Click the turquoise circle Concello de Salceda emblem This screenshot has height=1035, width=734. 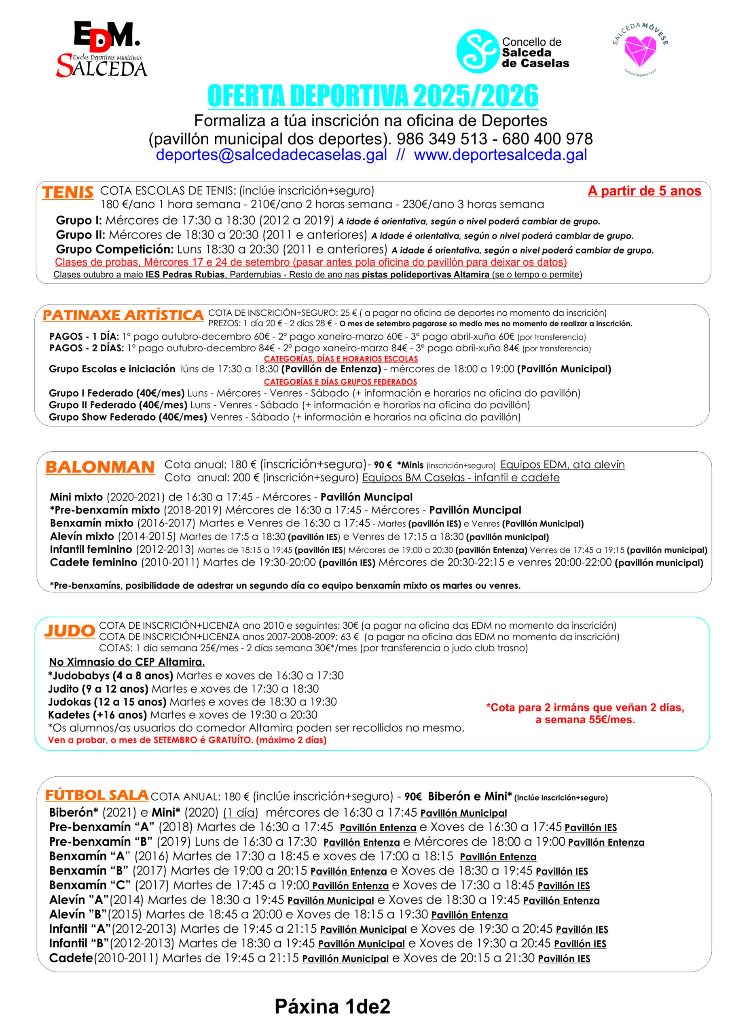coord(477,51)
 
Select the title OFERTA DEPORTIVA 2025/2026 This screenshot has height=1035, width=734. coord(372,96)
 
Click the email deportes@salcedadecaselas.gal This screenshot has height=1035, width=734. coord(271,155)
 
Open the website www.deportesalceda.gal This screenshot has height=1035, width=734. coord(500,155)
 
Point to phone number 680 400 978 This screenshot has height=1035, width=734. coord(547,139)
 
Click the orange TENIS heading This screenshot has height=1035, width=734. coord(68,192)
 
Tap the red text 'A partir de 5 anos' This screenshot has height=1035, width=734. coord(644,191)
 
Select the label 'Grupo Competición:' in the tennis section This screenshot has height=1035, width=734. coord(114,249)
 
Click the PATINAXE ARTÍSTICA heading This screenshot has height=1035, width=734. coord(123,315)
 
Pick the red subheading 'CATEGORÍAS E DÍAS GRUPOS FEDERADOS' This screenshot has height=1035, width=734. coord(341,382)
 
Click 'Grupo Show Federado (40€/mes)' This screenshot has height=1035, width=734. coord(127,417)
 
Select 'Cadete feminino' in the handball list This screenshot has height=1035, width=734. coord(93,562)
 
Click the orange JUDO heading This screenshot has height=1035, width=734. coord(70,631)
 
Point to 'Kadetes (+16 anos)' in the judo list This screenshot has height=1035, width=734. coord(97,715)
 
